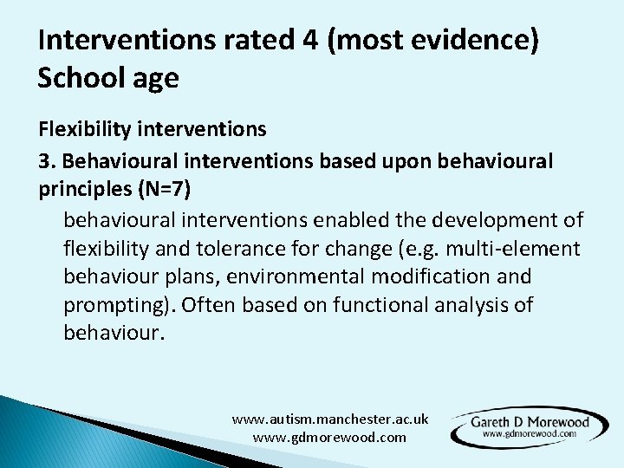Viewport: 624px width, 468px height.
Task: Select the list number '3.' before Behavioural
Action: (46, 161)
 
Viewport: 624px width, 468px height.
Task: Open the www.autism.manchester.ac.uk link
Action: (329, 419)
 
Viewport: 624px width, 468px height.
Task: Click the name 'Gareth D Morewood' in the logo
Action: (530, 422)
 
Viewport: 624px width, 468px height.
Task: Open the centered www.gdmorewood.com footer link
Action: (329, 438)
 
